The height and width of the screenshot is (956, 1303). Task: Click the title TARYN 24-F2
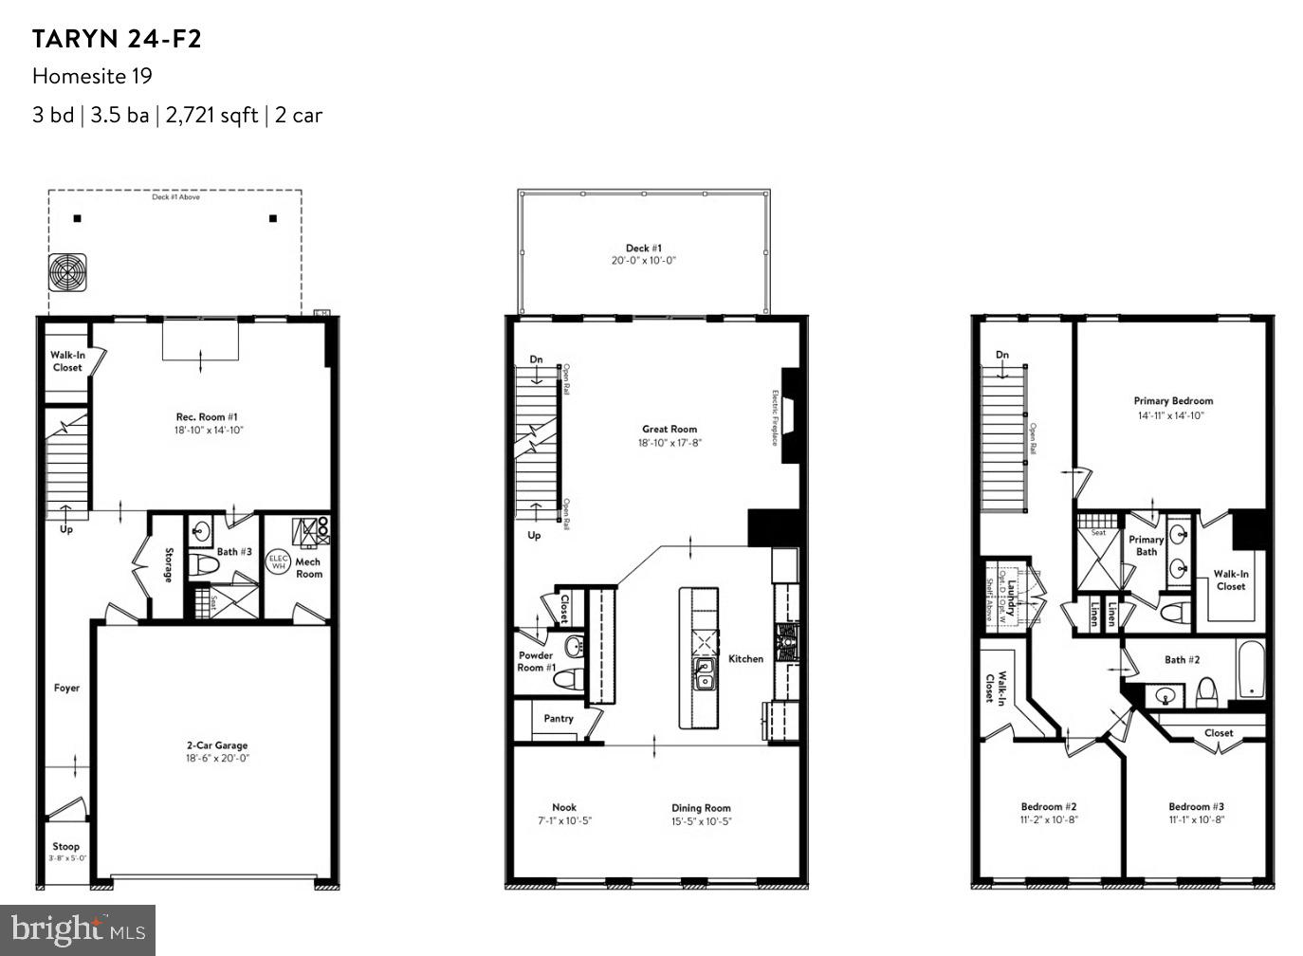(117, 39)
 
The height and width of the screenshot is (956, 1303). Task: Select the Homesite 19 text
(92, 76)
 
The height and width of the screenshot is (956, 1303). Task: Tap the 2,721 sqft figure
(211, 115)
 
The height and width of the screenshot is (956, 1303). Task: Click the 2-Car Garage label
(217, 745)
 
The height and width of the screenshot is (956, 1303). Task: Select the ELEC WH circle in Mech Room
(278, 561)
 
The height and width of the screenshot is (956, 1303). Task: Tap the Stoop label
(66, 846)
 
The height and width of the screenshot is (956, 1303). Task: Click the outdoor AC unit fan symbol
(68, 272)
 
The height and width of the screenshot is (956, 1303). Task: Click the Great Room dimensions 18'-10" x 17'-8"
(670, 443)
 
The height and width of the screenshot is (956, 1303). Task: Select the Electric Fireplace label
(776, 417)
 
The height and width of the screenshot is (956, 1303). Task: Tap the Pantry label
(559, 719)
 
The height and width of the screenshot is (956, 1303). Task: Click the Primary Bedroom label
(1173, 401)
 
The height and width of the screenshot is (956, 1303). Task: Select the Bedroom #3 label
(1196, 807)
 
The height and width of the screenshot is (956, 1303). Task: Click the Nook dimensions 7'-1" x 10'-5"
(564, 821)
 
